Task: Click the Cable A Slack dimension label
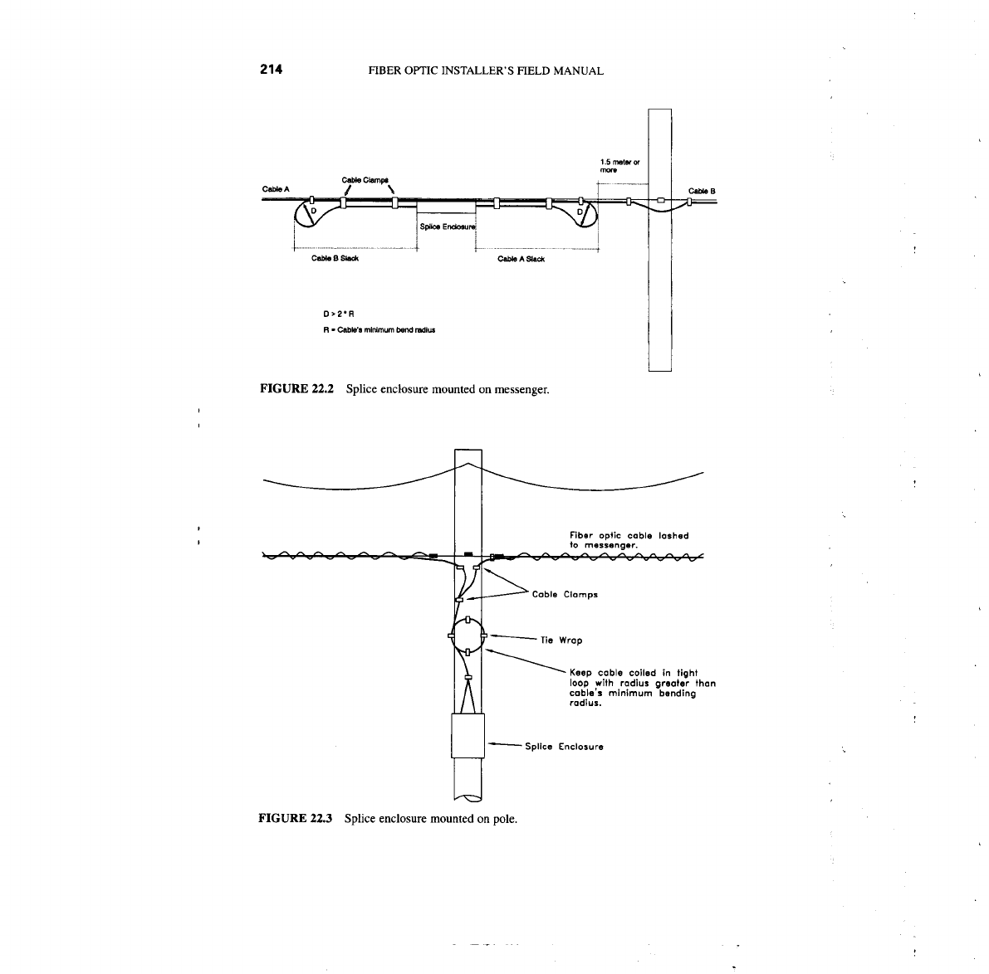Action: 521,259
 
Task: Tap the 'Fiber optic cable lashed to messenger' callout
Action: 629,540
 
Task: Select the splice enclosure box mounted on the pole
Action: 467,735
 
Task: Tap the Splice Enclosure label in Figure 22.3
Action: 564,746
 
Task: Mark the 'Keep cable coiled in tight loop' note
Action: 642,688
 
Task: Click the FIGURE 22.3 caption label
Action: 296,819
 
